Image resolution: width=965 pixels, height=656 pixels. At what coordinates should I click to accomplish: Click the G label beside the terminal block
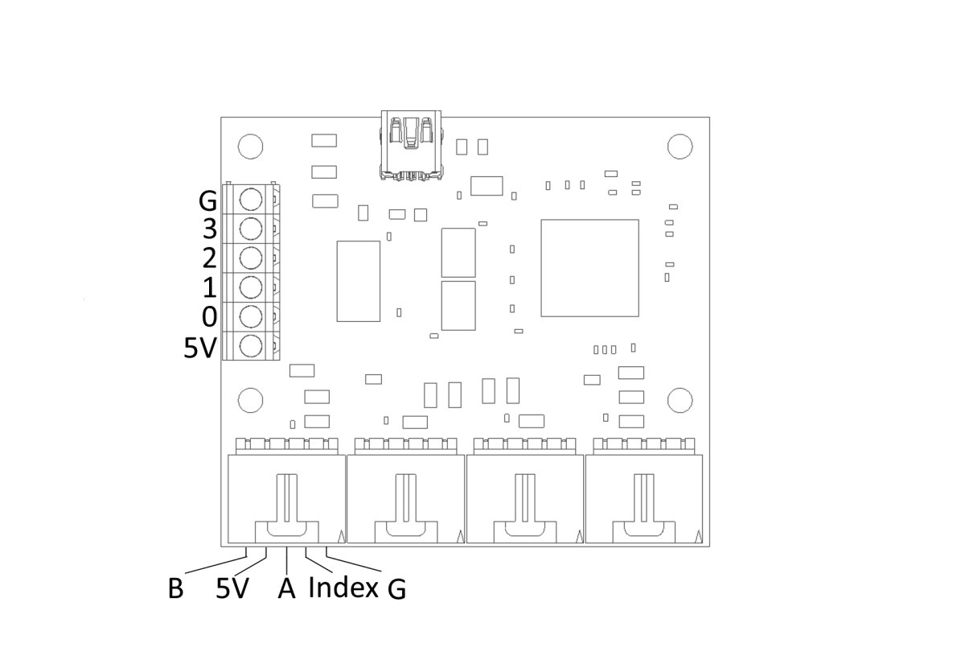coord(208,200)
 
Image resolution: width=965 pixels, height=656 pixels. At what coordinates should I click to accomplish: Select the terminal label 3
coord(209,229)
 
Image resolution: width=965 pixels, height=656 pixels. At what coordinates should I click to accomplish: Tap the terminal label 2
coord(209,258)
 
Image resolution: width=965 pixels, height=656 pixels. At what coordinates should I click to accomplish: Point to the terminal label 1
coord(209,287)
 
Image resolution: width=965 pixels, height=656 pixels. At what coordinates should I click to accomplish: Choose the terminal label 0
coord(209,316)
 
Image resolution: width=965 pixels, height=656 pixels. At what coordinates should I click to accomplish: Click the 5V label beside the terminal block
coord(201,348)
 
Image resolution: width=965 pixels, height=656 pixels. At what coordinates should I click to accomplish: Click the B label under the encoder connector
coord(175,589)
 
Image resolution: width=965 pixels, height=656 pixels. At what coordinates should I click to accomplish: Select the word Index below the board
coord(343,588)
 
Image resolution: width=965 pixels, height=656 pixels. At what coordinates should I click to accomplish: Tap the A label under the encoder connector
coord(286,589)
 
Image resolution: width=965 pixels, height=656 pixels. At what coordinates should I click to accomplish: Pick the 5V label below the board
coord(232,589)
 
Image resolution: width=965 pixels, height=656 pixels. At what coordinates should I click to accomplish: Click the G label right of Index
coord(396,590)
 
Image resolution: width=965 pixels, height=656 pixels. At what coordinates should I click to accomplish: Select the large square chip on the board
coord(589,267)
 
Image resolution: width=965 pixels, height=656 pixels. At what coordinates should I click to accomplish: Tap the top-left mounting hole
coord(250,146)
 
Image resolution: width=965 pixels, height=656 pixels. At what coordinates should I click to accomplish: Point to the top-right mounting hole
coord(680,146)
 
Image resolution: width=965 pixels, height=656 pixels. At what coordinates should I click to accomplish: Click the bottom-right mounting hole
coord(680,399)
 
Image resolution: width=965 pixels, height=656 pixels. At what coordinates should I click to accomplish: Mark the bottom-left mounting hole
coord(250,399)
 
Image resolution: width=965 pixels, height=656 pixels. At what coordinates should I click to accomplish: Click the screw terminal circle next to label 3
coord(251,229)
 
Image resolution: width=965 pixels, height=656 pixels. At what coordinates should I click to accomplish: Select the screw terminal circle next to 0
coord(251,316)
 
